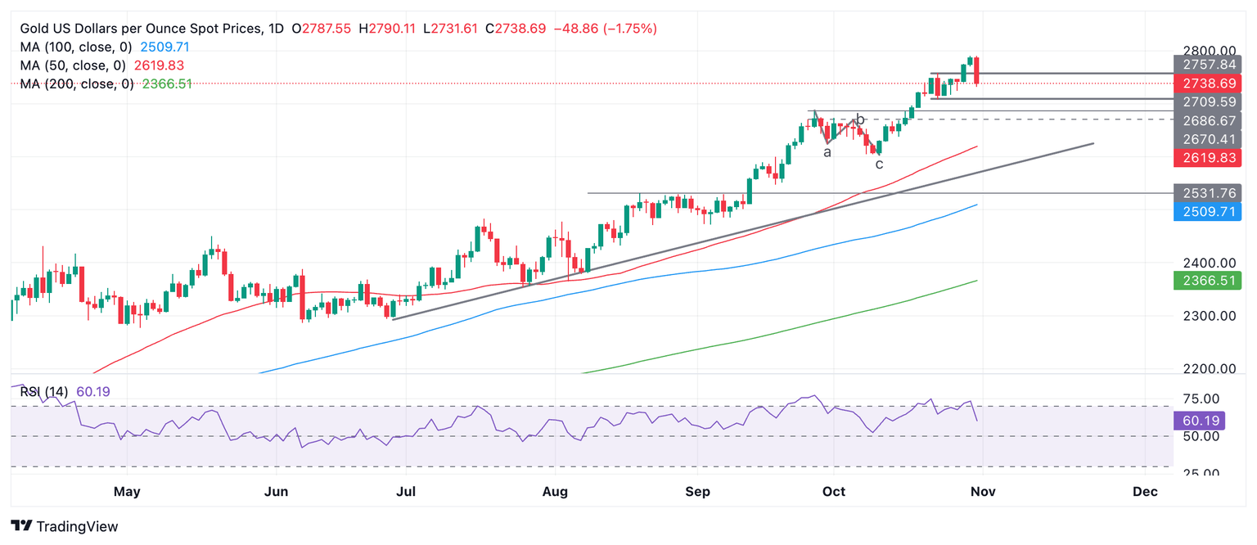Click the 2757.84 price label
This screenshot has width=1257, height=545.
tap(1207, 65)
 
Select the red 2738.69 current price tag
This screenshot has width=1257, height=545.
tap(1207, 83)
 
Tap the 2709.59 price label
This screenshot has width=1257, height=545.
tap(1207, 102)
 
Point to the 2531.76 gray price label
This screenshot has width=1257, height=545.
tap(1207, 193)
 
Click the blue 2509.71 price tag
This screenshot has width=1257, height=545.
tap(1207, 212)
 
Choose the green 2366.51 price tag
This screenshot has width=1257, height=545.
tap(1207, 281)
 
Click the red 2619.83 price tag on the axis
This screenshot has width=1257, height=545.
tap(1207, 157)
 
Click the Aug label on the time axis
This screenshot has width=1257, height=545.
tap(555, 491)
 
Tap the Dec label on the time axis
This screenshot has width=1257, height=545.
tap(1145, 491)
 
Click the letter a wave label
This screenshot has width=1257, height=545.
tap(827, 152)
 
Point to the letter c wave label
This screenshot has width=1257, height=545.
tap(879, 164)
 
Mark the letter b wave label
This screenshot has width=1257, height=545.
tap(860, 119)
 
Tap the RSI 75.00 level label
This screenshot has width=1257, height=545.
tap(1207, 399)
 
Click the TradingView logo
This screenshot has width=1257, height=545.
tap(65, 526)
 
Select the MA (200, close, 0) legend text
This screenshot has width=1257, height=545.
tap(75, 83)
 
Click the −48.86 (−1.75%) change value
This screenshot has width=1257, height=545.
tap(605, 29)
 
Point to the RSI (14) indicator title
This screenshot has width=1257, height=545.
tap(44, 392)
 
